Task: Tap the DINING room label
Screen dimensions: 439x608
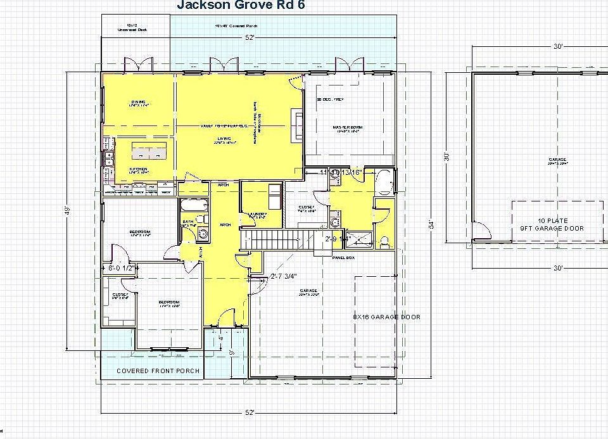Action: [x=139, y=103]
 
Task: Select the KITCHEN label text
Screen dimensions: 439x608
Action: [x=138, y=170]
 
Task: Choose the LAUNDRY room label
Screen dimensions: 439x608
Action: [x=256, y=215]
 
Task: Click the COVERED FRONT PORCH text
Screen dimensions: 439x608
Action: [x=158, y=371]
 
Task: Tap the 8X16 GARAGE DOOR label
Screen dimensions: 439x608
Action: [x=386, y=317]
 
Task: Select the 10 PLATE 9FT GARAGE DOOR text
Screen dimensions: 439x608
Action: [x=552, y=224]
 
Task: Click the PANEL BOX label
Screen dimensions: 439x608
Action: [x=342, y=258]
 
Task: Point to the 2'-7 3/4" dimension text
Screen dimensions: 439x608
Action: [x=284, y=276]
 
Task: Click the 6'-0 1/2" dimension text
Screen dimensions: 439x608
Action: [x=120, y=268]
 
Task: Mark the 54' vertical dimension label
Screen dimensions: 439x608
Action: [x=431, y=224]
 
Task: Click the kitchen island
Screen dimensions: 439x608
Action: [x=150, y=153]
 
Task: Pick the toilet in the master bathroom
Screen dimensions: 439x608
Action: [x=384, y=241]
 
